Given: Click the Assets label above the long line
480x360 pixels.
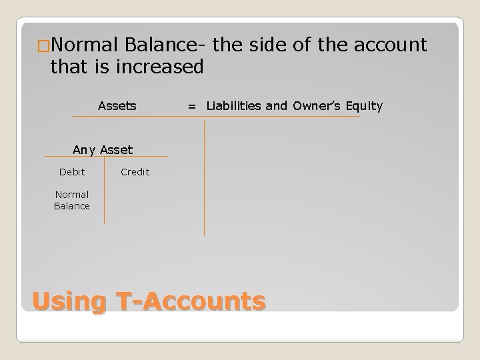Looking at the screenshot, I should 117,105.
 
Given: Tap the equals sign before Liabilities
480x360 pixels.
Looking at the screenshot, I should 192,106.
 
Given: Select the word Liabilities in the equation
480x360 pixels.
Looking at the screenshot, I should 238,105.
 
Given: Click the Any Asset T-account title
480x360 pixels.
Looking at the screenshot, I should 103,150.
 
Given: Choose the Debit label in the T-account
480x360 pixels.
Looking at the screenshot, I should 72,172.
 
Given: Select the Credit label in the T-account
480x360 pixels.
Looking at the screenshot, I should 135,172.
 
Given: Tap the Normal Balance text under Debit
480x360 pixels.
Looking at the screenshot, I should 72,201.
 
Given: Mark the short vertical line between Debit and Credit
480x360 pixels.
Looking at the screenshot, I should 104,190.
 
